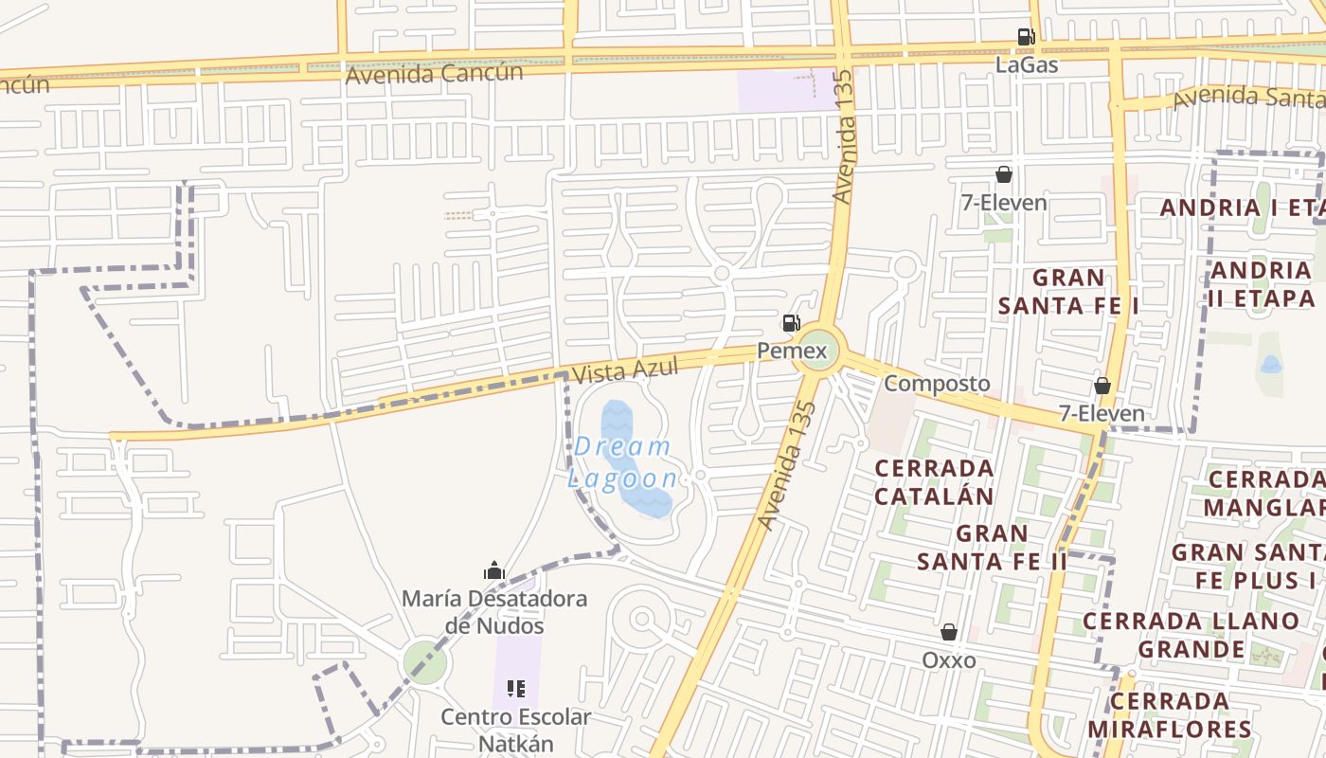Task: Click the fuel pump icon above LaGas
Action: click(1026, 37)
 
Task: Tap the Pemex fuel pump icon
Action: click(791, 323)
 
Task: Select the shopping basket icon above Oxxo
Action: click(949, 632)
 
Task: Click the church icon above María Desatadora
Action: click(494, 570)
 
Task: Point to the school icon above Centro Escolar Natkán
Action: click(516, 689)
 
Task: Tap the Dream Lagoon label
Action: click(623, 462)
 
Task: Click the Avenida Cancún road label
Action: click(434, 73)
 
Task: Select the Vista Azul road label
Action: click(626, 368)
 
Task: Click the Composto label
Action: click(937, 384)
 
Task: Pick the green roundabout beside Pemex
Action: click(815, 352)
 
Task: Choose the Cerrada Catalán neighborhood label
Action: click(934, 482)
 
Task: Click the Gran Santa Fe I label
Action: click(1068, 292)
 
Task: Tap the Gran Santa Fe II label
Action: click(992, 548)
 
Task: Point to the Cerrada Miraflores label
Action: click(1170, 715)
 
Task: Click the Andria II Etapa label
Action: click(1262, 284)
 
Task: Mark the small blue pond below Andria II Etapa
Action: click(1271, 364)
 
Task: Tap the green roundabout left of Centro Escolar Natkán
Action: click(425, 662)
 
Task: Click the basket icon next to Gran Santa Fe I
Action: click(1102, 386)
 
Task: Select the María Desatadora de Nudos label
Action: click(494, 612)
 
